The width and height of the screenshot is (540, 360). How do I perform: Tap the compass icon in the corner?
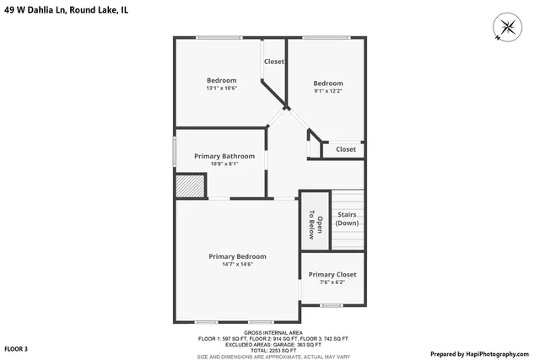[x=508, y=27]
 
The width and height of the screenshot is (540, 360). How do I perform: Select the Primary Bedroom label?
[x=237, y=256]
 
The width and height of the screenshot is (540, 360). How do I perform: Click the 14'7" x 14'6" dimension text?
[x=237, y=265]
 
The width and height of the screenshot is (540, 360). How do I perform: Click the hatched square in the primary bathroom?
[x=191, y=186]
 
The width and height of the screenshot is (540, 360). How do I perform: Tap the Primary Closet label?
[x=332, y=275]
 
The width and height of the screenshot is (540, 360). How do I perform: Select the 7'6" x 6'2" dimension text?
[x=332, y=283]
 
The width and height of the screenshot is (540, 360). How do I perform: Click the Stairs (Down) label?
[x=347, y=219]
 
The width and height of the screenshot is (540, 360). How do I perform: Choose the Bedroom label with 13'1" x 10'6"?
[x=221, y=80]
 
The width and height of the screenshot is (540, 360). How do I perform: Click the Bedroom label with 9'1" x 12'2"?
[x=328, y=83]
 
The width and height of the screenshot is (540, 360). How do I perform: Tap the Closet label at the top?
[x=274, y=62]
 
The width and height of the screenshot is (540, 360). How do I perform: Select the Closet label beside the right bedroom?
[x=346, y=149]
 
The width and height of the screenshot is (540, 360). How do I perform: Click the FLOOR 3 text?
[x=16, y=348]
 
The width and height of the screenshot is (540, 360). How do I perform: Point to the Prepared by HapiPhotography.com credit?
[x=483, y=354]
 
